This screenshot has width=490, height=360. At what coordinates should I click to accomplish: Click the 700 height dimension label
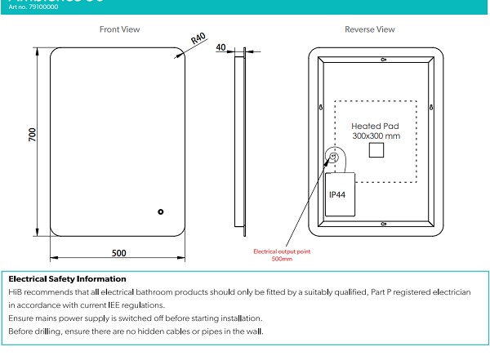(x=32, y=135)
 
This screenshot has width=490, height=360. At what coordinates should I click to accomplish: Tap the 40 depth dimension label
(x=220, y=48)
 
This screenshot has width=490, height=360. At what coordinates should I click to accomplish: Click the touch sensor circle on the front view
(x=160, y=211)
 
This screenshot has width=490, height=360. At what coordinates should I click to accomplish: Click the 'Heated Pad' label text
(x=373, y=127)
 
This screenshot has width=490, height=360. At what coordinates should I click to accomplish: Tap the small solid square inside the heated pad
(x=376, y=150)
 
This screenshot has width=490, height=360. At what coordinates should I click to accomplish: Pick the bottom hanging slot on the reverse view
(x=383, y=221)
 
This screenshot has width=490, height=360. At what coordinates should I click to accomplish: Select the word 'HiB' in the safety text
(x=16, y=291)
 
